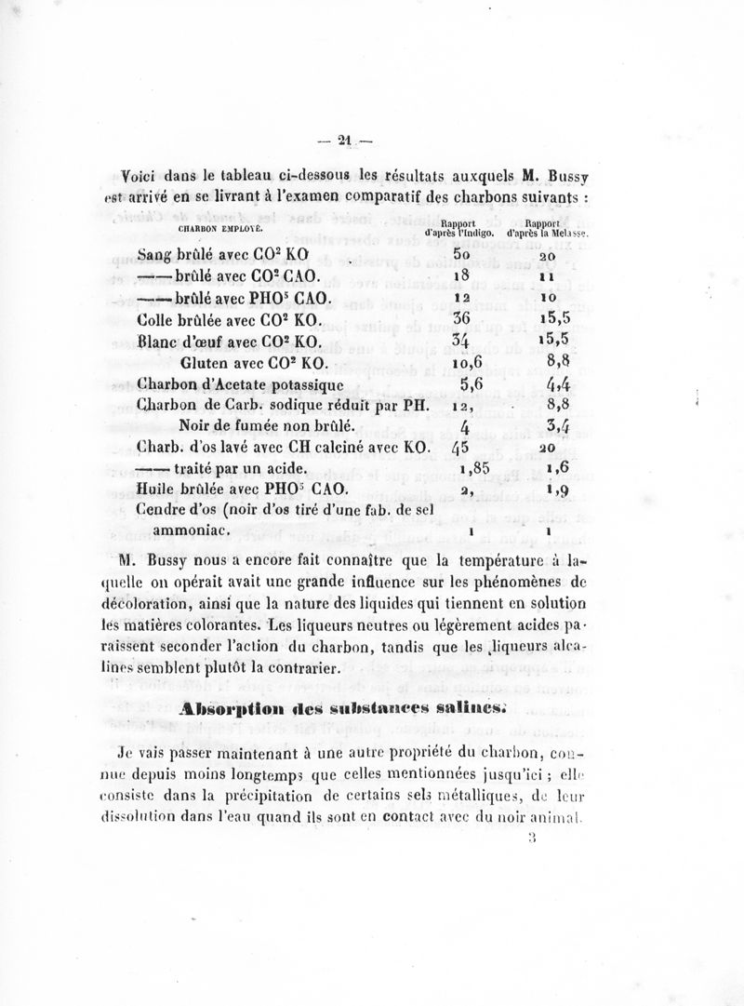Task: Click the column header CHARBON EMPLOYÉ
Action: (x=219, y=226)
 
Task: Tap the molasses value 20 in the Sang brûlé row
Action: (x=547, y=257)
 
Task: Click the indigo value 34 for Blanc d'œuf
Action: (x=462, y=339)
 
